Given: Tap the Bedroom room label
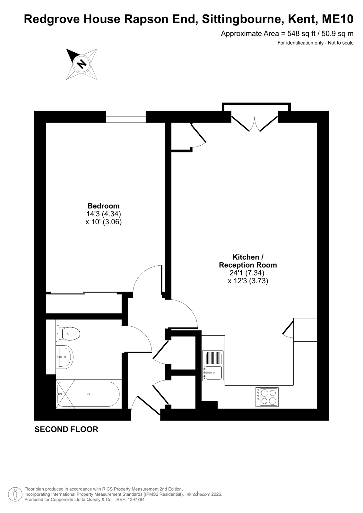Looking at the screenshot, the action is coord(103,206).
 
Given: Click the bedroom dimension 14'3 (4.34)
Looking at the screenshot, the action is coord(104,214).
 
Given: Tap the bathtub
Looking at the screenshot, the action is coord(89,394).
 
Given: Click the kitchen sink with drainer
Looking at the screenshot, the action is coord(213,365).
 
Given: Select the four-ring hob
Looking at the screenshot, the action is coord(267,397).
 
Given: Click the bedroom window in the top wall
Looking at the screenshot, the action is coord(126,117).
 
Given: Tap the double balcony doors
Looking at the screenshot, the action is coord(255,124).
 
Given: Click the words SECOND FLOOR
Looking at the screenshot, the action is coord(66,429).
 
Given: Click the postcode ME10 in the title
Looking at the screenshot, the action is coord(338,19).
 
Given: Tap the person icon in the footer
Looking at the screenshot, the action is coord(15,494).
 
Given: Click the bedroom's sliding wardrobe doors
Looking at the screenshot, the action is coord(84,293).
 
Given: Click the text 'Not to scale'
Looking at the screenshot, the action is coord(341,43).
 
